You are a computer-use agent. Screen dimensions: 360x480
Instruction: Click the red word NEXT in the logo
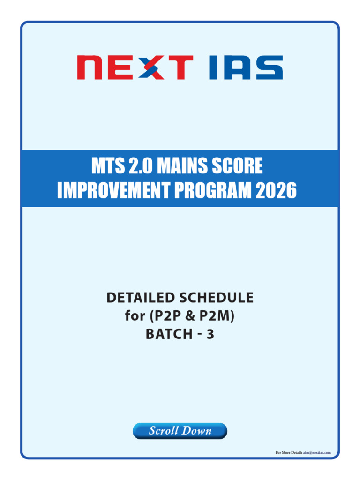pos(135,67)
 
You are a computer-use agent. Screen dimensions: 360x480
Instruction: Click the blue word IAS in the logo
pos(246,67)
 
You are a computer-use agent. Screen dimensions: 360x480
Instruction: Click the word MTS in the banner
pos(108,165)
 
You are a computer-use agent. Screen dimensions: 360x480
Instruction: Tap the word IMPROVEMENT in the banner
pos(113,190)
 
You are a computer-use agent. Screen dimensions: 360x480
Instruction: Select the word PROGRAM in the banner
pos(213,190)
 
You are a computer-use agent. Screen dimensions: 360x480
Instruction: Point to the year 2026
pos(276,190)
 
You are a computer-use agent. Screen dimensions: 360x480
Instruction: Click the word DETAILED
pos(141,298)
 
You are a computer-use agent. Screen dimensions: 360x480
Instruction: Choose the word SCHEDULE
pos(217,298)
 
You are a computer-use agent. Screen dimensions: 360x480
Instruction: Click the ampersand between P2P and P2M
pos(190,316)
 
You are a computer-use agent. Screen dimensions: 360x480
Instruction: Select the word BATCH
pos(169,334)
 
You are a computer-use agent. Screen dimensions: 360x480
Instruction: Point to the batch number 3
pos(210,334)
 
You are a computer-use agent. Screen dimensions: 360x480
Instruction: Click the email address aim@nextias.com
pos(317,452)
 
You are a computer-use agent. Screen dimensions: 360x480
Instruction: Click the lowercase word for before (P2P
pos(135,316)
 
